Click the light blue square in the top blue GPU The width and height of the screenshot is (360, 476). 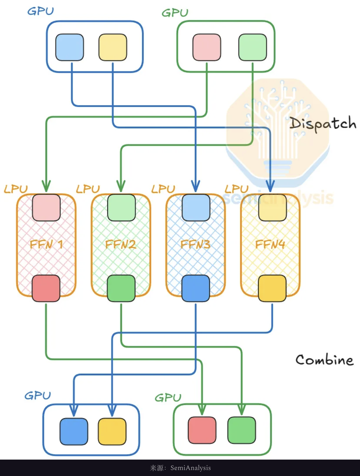coord(69,47)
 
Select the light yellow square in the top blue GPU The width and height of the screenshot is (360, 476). coord(113,47)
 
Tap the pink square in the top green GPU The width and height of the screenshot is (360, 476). coord(206,47)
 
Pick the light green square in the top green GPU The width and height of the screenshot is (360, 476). coord(252,47)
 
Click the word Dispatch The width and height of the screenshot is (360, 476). coord(323,123)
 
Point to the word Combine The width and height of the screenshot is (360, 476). coord(324,360)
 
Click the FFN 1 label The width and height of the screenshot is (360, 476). coord(46,245)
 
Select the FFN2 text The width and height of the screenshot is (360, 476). coord(120,245)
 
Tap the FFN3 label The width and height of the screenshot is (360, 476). coord(195,245)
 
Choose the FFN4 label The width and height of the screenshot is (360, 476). coord(270,245)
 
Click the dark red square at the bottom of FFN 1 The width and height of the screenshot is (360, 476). coord(46,288)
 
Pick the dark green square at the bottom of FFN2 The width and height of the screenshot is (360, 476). coord(121,288)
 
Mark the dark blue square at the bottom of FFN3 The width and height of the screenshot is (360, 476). coord(196,288)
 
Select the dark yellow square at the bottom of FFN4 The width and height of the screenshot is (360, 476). coord(272,288)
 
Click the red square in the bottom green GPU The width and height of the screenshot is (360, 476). coord(202,430)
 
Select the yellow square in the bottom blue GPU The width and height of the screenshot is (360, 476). coord(112,432)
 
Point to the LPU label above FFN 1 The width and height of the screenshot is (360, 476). coord(16,189)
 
